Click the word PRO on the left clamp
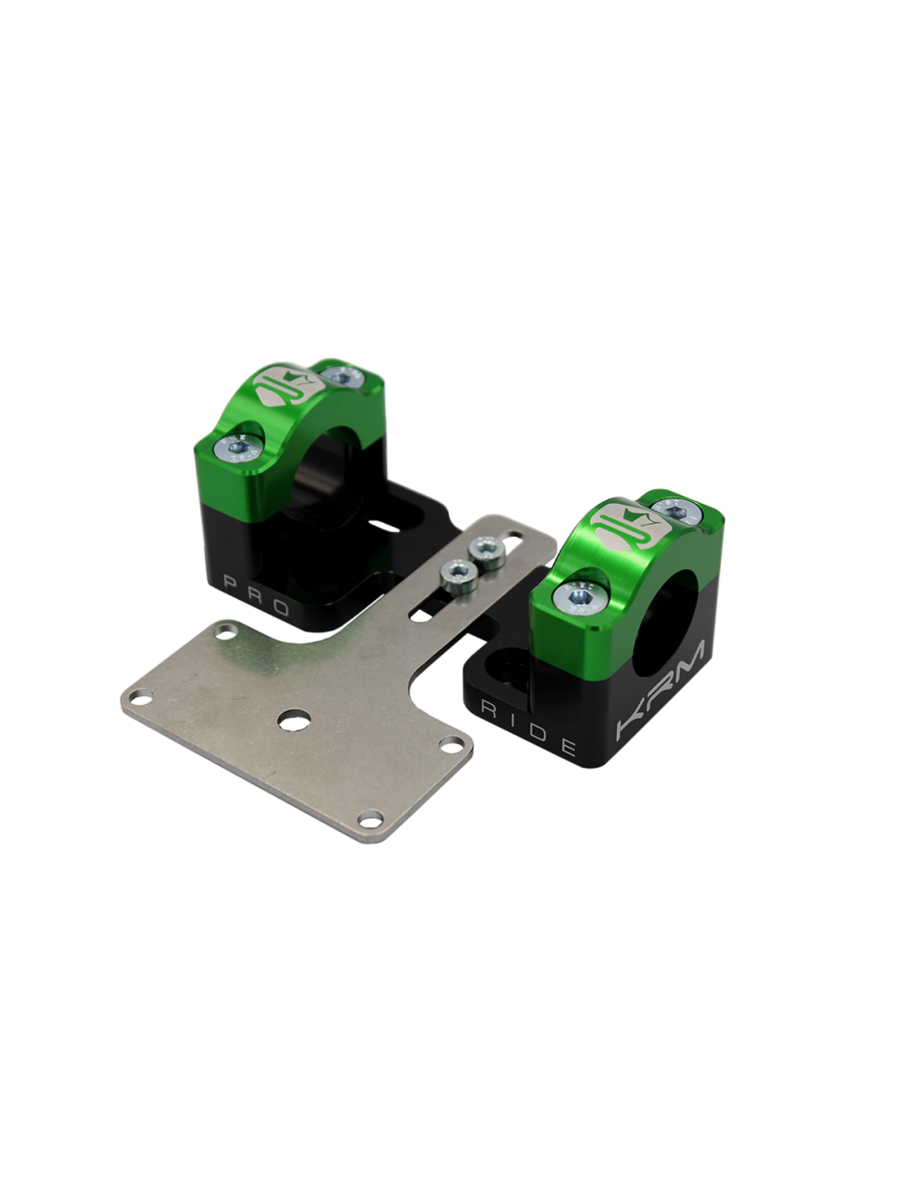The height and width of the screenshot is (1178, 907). [x=256, y=592]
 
